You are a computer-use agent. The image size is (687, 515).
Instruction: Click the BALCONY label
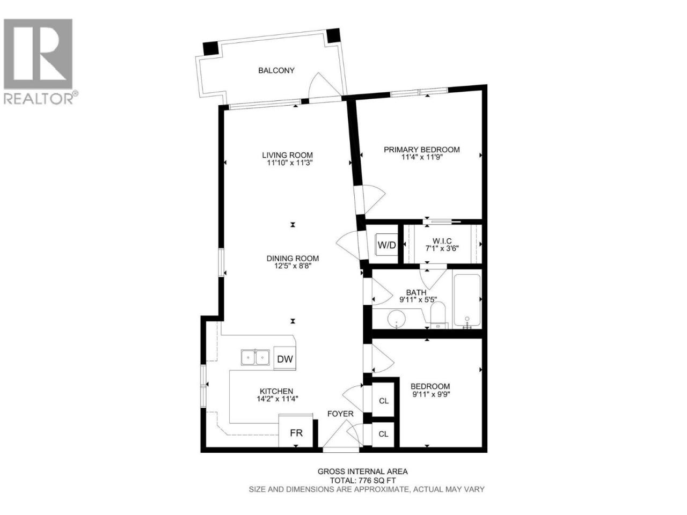(276, 70)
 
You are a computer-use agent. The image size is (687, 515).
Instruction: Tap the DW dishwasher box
(284, 358)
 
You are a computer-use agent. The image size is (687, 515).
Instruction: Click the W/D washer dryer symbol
(387, 245)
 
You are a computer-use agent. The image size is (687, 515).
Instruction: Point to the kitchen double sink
(255, 357)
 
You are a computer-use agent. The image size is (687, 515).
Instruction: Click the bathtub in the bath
(467, 301)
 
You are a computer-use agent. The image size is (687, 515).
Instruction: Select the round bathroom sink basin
(397, 319)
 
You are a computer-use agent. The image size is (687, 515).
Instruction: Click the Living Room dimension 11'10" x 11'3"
(290, 163)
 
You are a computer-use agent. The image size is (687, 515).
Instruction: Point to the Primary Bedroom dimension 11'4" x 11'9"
(422, 157)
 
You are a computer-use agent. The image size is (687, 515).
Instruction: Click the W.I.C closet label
(442, 241)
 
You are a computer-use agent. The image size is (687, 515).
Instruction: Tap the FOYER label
(340, 414)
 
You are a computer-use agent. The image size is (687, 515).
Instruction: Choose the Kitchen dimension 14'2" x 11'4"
(277, 399)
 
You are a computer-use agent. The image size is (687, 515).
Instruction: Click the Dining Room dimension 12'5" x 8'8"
(293, 266)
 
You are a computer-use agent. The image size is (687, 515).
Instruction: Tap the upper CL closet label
(384, 401)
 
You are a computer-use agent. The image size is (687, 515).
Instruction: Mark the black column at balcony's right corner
(333, 35)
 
